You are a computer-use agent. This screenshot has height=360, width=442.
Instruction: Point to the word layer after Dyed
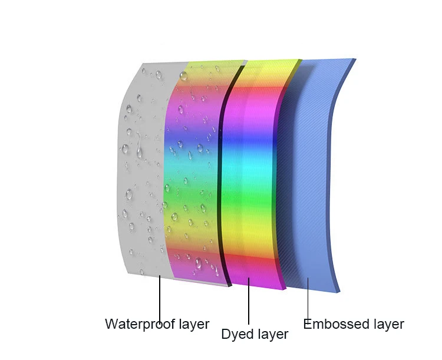tap(272, 335)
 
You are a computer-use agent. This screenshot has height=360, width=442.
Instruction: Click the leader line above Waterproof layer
tap(160, 298)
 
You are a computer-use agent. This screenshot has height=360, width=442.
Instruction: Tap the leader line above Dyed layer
tap(249, 303)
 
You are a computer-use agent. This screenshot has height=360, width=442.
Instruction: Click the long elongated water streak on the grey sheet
tap(140, 152)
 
